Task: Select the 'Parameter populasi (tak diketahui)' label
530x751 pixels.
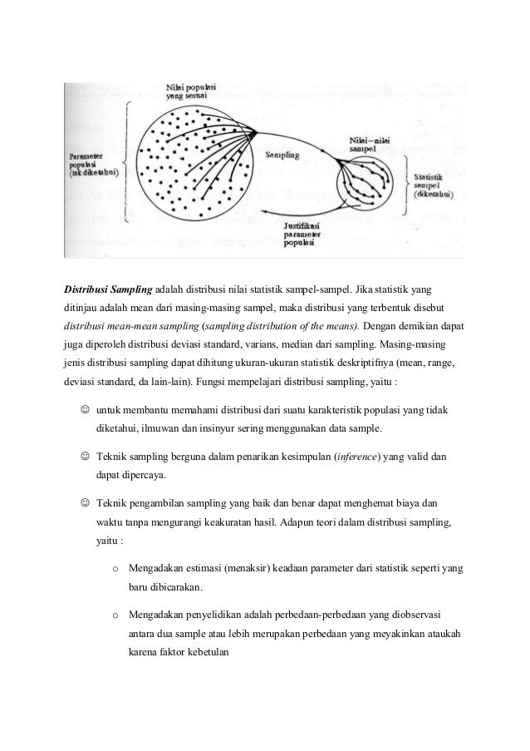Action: click(91, 162)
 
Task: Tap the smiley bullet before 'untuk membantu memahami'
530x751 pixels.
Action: click(86, 409)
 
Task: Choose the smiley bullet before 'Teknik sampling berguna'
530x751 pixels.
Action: click(86, 457)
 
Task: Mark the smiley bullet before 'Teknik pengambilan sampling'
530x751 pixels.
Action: click(86, 504)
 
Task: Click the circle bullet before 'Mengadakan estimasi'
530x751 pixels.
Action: click(114, 569)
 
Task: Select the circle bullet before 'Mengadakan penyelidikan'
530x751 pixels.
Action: click(114, 615)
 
